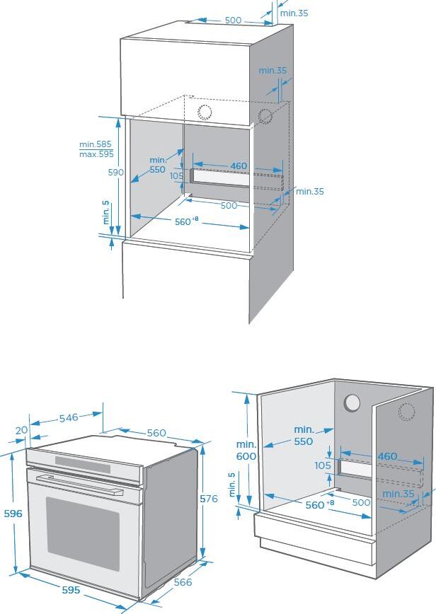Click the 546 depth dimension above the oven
(x=69, y=418)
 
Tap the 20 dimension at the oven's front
(x=21, y=430)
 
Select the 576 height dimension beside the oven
(x=208, y=499)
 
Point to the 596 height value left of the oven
(x=13, y=514)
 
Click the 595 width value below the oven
(x=71, y=590)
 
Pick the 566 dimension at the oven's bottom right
(x=183, y=582)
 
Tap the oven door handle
(x=79, y=485)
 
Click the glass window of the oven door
(x=83, y=533)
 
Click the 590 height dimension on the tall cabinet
(x=116, y=173)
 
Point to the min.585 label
(x=96, y=144)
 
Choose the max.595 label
(x=96, y=154)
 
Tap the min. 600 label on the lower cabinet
(x=246, y=451)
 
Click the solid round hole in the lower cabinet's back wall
(x=352, y=403)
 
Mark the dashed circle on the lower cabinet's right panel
(x=406, y=412)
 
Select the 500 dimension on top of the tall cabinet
(x=233, y=20)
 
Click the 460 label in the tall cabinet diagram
(x=239, y=166)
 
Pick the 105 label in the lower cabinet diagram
(x=323, y=465)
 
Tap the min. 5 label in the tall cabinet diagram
(x=106, y=213)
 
